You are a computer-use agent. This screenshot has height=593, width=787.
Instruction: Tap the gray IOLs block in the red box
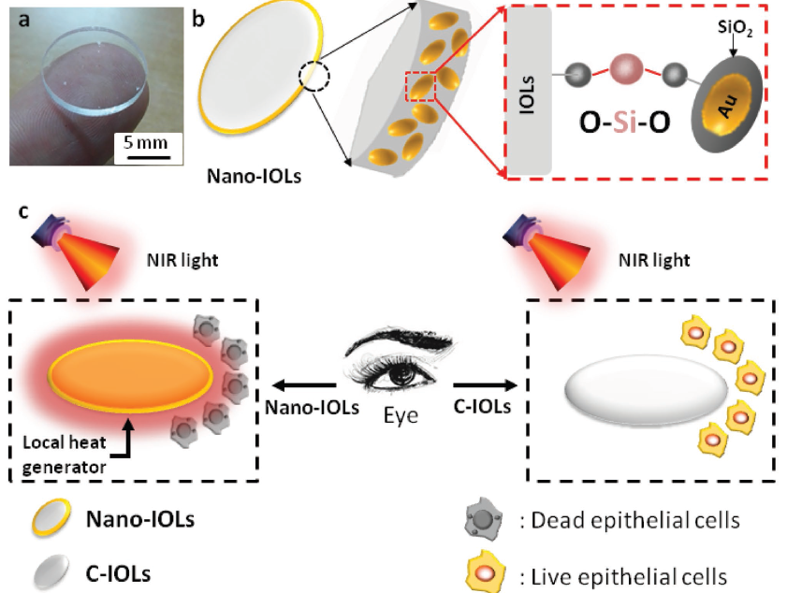coord(530,93)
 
